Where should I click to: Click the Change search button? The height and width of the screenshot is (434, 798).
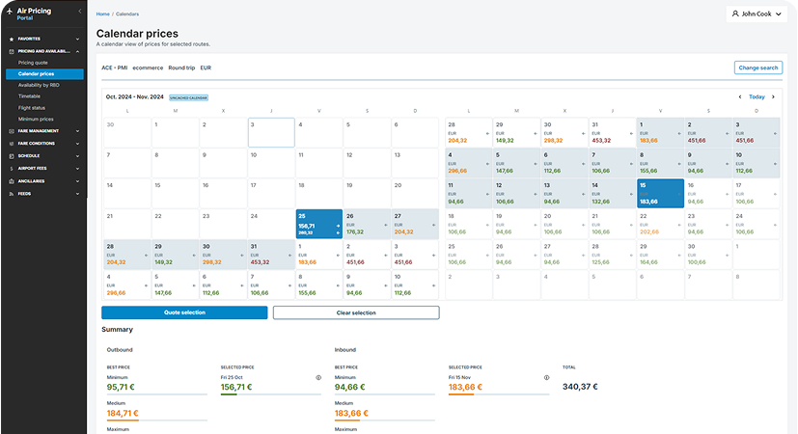click(757, 68)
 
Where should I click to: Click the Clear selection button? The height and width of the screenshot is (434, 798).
click(356, 312)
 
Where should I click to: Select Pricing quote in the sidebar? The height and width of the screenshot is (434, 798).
click(34, 63)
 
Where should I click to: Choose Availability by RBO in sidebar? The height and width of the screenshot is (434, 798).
click(40, 85)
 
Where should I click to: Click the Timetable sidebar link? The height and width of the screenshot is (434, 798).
click(31, 96)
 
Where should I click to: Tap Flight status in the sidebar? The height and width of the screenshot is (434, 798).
click(33, 107)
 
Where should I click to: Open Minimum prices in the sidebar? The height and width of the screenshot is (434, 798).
click(36, 119)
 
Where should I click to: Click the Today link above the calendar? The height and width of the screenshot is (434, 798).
click(757, 97)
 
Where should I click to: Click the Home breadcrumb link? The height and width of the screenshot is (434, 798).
click(102, 15)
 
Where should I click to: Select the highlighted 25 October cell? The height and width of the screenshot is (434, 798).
click(317, 224)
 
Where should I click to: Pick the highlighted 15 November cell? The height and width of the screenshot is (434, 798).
click(660, 193)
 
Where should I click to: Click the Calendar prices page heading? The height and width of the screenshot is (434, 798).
click(135, 34)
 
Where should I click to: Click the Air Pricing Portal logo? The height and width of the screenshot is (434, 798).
click(34, 14)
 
